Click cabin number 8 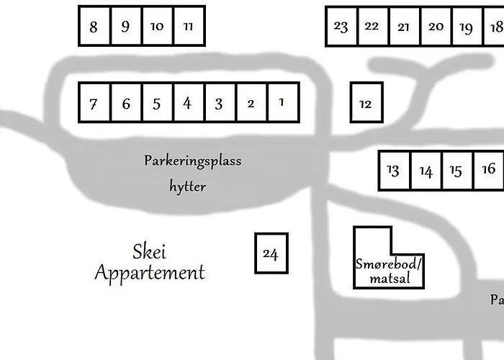94,27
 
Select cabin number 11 189,27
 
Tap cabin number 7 94,103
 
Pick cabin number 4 188,103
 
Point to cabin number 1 282,102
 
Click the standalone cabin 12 366,103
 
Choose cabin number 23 341,27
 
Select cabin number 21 404,27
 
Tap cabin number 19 466,27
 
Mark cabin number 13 394,171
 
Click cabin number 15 456,171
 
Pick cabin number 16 489,170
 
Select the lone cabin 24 271,253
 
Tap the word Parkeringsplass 192,161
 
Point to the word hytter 188,187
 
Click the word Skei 150,252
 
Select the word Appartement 150,274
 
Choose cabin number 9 126,27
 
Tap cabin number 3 220,103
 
